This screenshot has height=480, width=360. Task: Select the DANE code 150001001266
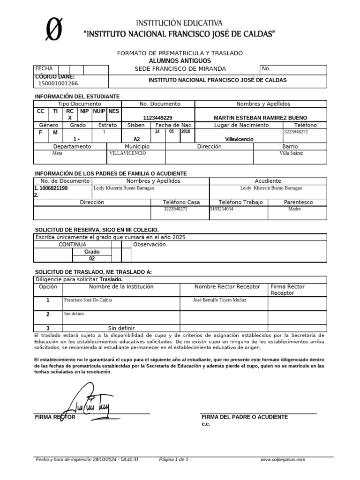pyautogui.click(x=58, y=83)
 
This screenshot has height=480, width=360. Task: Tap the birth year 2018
pyautogui.click(x=186, y=132)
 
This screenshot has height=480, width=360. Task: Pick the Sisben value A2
pyautogui.click(x=136, y=139)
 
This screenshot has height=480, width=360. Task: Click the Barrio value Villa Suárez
pyautogui.click(x=291, y=153)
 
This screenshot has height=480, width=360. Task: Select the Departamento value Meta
pyautogui.click(x=57, y=153)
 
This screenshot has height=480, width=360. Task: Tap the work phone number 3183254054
pyautogui.click(x=222, y=209)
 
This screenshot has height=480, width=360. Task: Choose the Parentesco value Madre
pyautogui.click(x=294, y=209)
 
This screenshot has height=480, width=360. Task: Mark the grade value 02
pyautogui.click(x=92, y=258)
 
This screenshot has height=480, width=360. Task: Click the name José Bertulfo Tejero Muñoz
pyautogui.click(x=220, y=300)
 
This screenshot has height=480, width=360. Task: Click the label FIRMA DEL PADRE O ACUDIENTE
pyautogui.click(x=245, y=417)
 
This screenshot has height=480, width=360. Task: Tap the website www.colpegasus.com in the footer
pyautogui.click(x=283, y=460)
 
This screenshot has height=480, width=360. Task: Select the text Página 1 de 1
pyautogui.click(x=174, y=460)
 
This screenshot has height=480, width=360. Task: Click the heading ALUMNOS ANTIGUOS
pyautogui.click(x=180, y=61)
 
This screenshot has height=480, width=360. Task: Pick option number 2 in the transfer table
pyautogui.click(x=48, y=314)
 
